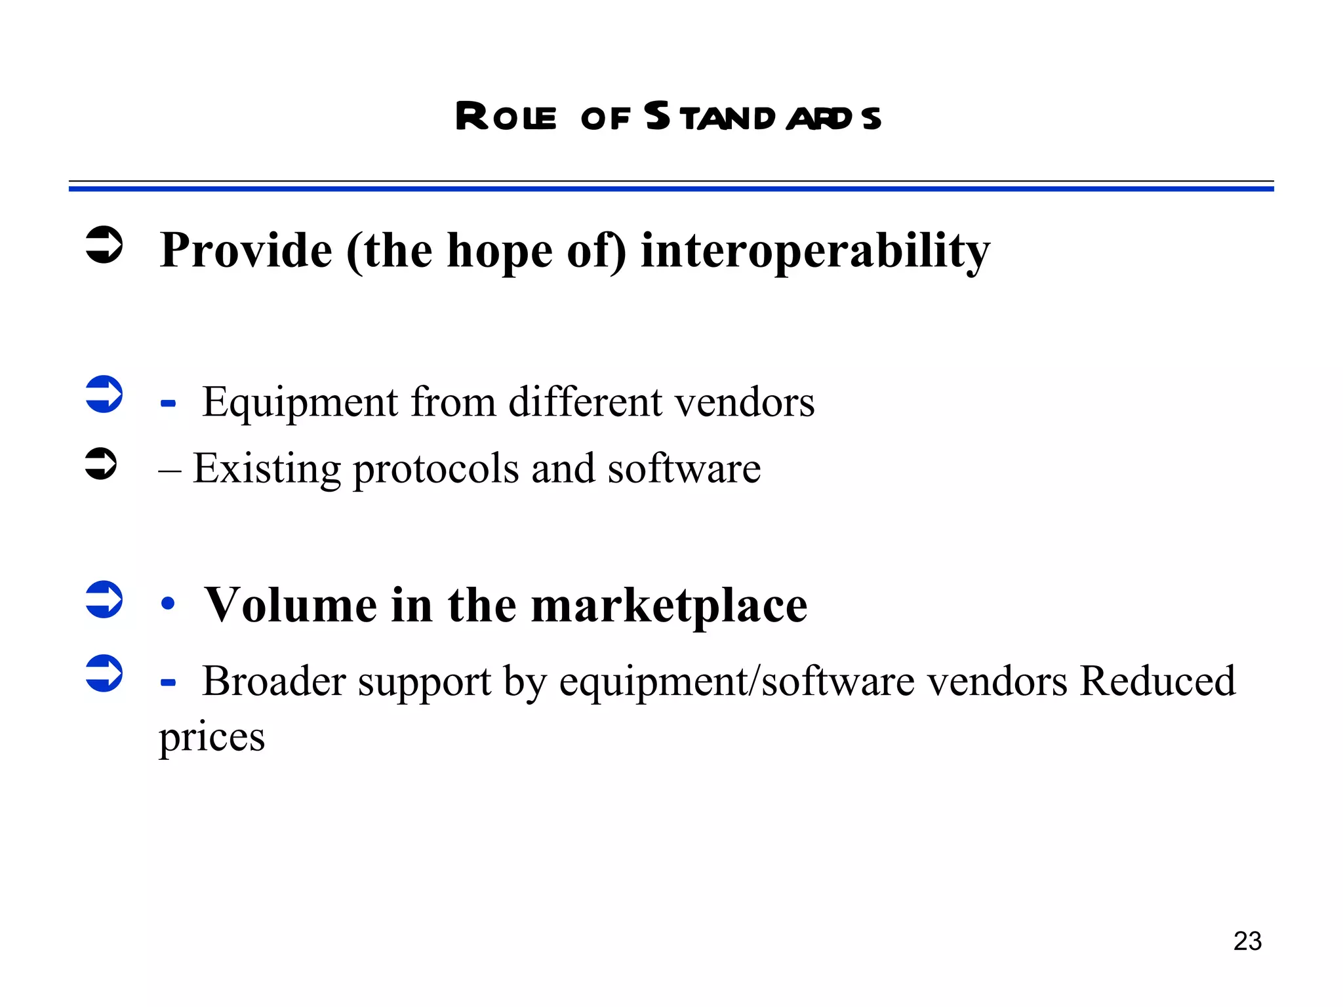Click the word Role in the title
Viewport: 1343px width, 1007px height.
point(505,118)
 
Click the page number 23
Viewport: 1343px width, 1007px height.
point(1247,941)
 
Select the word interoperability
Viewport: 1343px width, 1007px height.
point(815,251)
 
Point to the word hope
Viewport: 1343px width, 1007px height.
point(500,252)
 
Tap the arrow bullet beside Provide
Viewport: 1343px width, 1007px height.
point(104,245)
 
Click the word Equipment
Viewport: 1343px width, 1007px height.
point(300,403)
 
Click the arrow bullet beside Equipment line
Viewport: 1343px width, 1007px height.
point(104,394)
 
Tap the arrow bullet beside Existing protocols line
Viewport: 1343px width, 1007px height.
point(101,464)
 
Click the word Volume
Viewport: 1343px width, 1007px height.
point(291,605)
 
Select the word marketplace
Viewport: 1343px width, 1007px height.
point(669,606)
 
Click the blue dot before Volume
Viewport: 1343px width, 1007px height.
point(168,604)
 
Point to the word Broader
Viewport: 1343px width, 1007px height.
point(273,681)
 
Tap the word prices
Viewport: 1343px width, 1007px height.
point(212,738)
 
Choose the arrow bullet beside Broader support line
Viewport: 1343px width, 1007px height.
point(104,673)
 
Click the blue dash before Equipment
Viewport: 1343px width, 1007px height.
point(168,404)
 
